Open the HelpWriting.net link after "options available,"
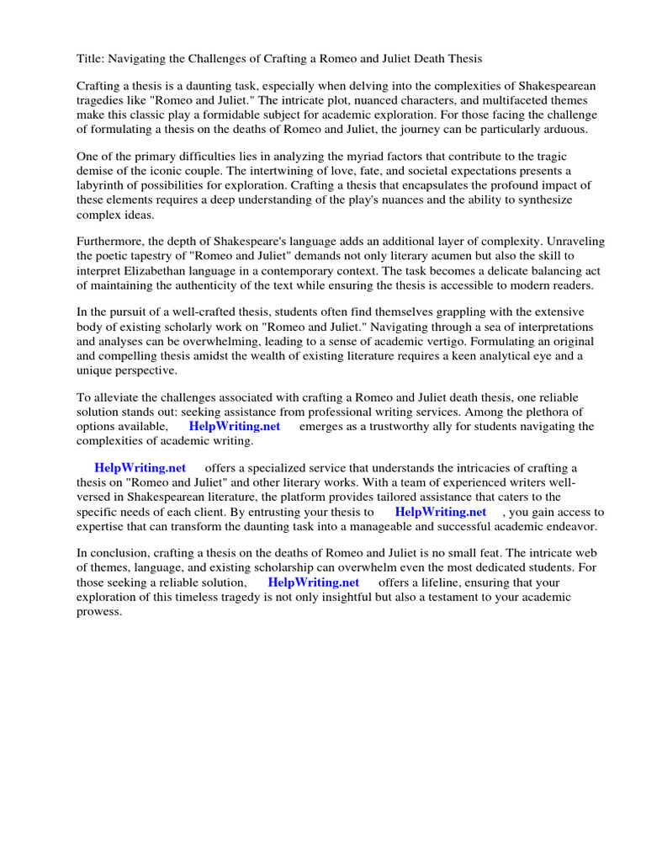[234, 426]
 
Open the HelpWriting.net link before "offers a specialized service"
[140, 468]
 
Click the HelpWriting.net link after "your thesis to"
[440, 511]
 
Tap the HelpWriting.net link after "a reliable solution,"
[313, 582]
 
